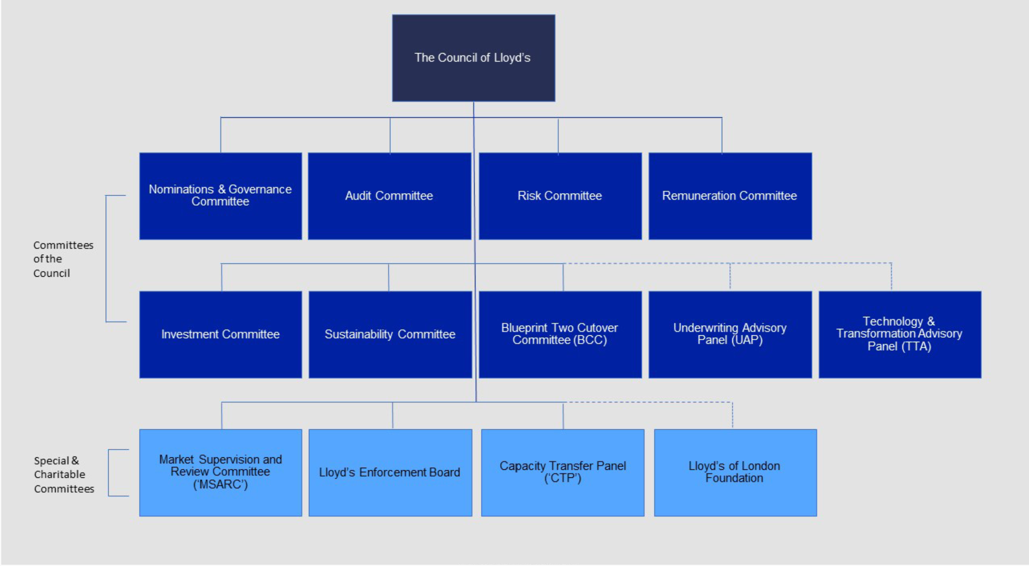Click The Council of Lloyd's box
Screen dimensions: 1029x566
(474, 58)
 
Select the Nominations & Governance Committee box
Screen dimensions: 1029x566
(221, 196)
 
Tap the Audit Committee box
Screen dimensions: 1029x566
(390, 196)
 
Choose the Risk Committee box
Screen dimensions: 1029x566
(560, 196)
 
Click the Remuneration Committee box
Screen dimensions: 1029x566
(730, 196)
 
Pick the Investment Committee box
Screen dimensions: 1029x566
(221, 335)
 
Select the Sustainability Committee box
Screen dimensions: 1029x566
(390, 335)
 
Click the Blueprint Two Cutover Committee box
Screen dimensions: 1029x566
(560, 335)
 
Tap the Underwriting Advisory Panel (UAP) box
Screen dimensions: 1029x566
(730, 335)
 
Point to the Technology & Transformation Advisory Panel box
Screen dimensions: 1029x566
(900, 335)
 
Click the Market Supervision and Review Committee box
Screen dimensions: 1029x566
(221, 473)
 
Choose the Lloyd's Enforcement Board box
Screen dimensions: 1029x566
(390, 473)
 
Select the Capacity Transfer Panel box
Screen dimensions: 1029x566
(563, 473)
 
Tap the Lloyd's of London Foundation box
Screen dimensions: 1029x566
(735, 473)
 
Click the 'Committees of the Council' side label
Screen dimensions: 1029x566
(63, 259)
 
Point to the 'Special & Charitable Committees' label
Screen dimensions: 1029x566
(64, 475)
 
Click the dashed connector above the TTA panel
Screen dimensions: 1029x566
(891, 276)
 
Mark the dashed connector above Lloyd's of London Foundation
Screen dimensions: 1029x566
(732, 415)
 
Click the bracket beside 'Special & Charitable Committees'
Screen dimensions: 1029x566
(109, 473)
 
